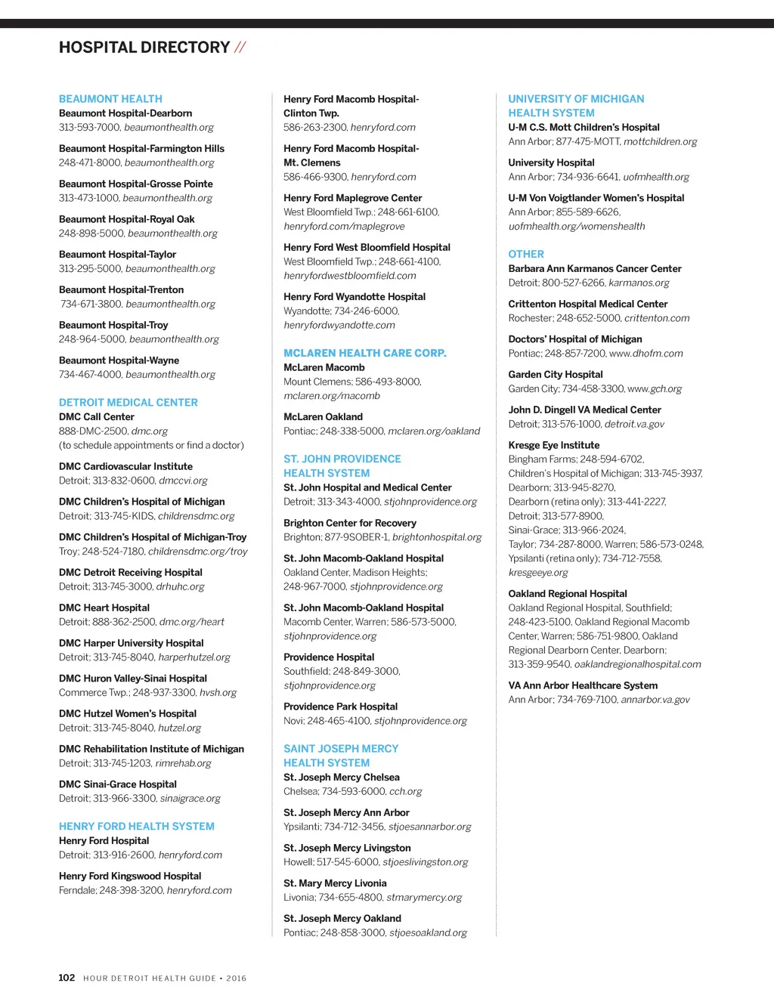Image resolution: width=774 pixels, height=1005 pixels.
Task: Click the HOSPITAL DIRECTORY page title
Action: (144, 48)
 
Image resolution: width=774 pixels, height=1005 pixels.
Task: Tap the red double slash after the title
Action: (240, 48)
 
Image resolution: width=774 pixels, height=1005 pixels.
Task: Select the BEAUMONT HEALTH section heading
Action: (110, 99)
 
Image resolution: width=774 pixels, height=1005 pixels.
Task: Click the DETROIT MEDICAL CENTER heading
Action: (128, 403)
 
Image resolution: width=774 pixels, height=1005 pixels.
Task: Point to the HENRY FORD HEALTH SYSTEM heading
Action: (137, 827)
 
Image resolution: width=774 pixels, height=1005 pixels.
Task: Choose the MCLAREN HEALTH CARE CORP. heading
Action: (365, 353)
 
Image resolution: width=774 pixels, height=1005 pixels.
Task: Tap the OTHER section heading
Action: (526, 255)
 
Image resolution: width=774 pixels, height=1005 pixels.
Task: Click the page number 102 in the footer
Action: (67, 978)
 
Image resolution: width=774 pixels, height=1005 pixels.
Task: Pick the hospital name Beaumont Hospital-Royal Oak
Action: (127, 219)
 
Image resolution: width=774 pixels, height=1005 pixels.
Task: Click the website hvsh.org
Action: (218, 693)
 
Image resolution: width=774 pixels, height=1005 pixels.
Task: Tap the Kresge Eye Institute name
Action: (554, 446)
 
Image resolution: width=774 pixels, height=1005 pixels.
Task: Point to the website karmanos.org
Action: (639, 283)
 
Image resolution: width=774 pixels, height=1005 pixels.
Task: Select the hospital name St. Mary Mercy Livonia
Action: (335, 883)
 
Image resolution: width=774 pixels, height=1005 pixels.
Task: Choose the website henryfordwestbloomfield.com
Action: (350, 276)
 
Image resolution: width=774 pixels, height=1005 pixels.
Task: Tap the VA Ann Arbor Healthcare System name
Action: (583, 685)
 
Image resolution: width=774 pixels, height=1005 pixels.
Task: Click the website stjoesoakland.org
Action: (428, 933)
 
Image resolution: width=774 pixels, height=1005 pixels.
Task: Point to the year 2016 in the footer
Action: (237, 979)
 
